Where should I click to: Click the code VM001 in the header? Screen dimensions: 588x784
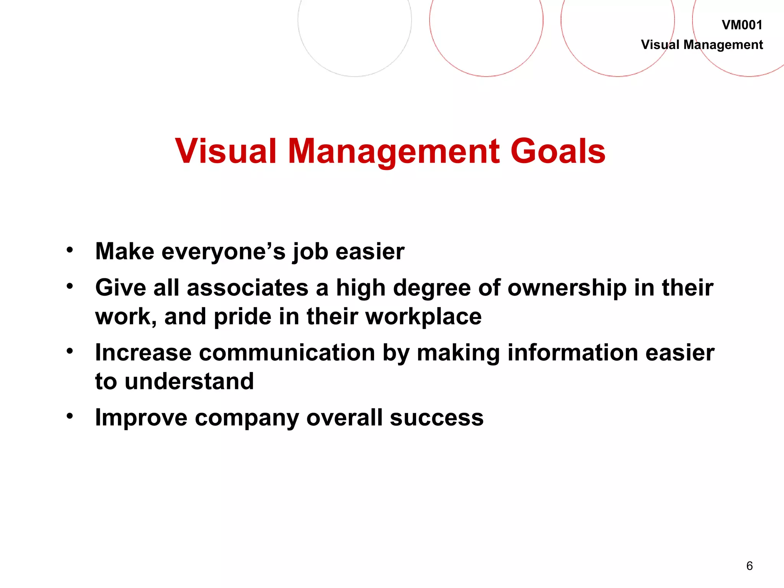pyautogui.click(x=742, y=25)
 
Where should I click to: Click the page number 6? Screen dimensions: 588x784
pyautogui.click(x=749, y=566)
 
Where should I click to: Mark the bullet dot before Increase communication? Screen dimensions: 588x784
pyautogui.click(x=69, y=351)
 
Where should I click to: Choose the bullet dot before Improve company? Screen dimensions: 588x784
pyautogui.click(x=69, y=416)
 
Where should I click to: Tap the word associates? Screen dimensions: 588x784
pyautogui.click(x=247, y=288)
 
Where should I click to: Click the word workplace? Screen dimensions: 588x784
pyautogui.click(x=423, y=317)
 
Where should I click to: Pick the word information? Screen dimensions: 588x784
pyautogui.click(x=572, y=353)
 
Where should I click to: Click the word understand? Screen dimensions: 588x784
pyautogui.click(x=189, y=382)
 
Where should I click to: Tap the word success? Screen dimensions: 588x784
pyautogui.click(x=436, y=418)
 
